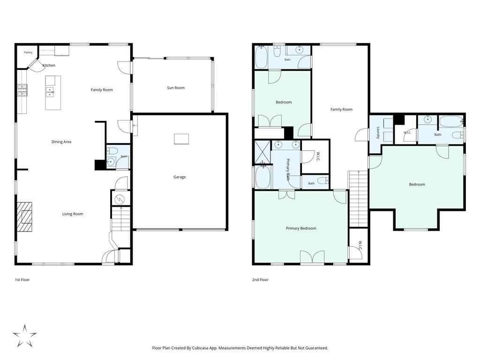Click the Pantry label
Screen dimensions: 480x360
tap(28, 52)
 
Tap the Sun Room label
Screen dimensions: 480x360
tap(176, 88)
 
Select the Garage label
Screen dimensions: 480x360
tap(180, 177)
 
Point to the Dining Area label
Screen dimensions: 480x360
tap(61, 142)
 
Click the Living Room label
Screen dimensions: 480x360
tap(73, 214)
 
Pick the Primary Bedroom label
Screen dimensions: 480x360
tap(301, 228)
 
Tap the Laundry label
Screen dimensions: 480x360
tap(378, 133)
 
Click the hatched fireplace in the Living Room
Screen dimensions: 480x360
tap(24, 217)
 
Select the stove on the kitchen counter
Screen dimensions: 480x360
tap(22, 90)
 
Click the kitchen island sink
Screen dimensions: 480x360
tap(50, 92)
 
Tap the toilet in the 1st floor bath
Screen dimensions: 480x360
tap(112, 150)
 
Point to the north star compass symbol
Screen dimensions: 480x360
tap(25, 336)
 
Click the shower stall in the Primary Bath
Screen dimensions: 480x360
tap(262, 152)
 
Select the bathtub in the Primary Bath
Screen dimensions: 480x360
tap(262, 177)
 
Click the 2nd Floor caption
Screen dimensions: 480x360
tap(260, 280)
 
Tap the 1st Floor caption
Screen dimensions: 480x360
tap(22, 280)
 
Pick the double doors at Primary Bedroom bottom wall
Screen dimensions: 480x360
tap(312, 257)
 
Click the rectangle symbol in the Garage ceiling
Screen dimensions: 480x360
tap(181, 139)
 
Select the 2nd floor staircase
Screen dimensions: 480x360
tap(358, 199)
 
